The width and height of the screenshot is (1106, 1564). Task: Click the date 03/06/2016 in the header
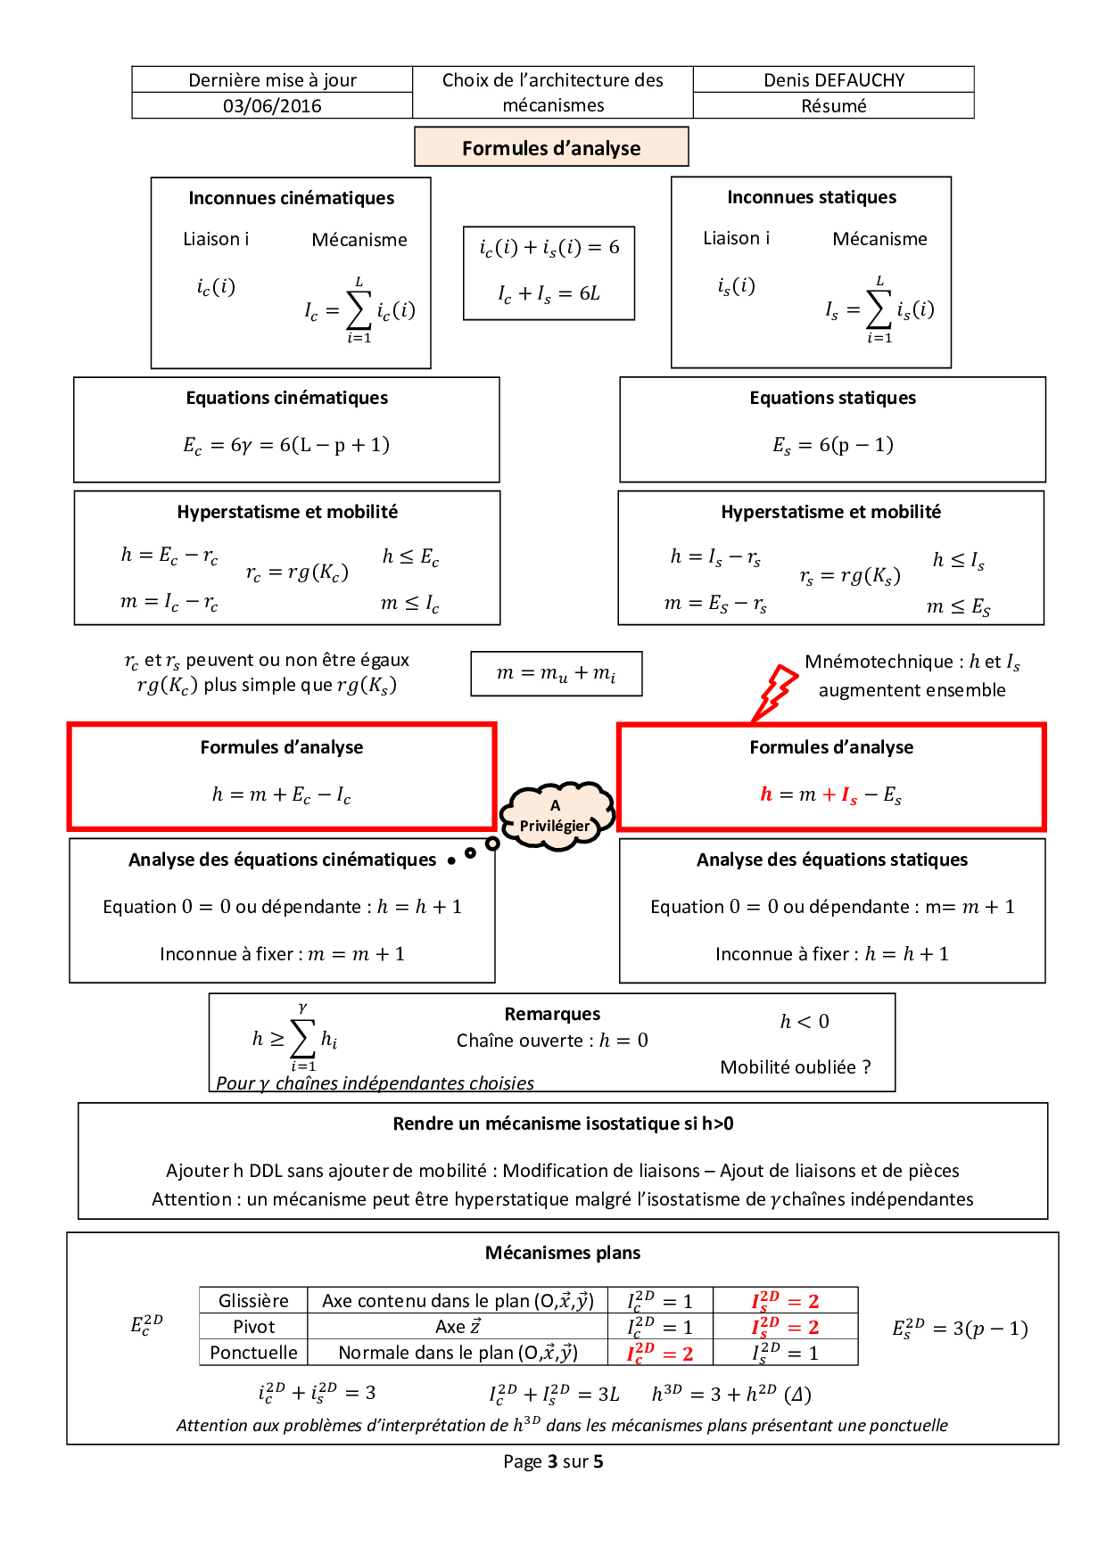point(272,106)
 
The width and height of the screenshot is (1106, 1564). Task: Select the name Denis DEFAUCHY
point(833,80)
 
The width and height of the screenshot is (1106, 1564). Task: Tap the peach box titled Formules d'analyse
point(551,147)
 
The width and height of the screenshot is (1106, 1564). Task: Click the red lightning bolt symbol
point(775,691)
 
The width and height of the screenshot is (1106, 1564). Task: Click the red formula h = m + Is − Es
point(830,794)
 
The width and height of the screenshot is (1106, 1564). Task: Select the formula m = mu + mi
point(556,673)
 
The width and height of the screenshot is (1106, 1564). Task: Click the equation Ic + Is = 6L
point(549,293)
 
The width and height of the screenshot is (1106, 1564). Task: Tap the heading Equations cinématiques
point(286,398)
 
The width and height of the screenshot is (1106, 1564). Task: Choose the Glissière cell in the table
point(253,1301)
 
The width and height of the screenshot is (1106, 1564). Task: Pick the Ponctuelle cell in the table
point(253,1353)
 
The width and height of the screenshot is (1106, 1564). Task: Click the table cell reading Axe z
point(458,1327)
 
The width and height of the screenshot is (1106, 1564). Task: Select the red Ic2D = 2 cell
point(660,1353)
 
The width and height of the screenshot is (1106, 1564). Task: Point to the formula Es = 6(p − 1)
point(832,445)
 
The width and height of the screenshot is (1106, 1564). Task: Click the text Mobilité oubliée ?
point(795,1067)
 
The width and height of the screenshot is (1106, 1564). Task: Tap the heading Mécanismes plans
point(562,1253)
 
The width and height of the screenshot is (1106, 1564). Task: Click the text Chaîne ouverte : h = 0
point(552,1041)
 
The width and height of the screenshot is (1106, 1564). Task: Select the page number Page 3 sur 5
point(553,1461)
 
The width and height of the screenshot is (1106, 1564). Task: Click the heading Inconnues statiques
point(811,197)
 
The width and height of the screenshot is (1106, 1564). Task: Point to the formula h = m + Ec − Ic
point(281,794)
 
